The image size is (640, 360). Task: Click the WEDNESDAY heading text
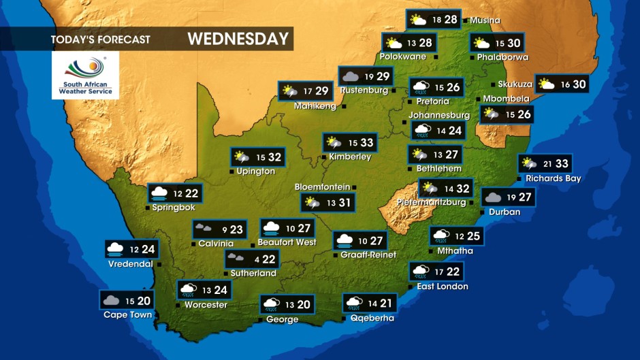tap(238, 39)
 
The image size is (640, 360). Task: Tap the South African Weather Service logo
tap(85, 76)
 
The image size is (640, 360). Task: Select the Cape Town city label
tap(127, 315)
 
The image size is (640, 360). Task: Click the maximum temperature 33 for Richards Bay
tap(561, 164)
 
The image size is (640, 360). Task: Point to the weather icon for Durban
tap(493, 198)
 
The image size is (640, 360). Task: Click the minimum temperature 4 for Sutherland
tap(256, 259)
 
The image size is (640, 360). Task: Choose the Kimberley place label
tap(350, 157)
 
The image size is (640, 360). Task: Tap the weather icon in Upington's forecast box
tap(242, 157)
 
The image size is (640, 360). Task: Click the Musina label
tap(485, 20)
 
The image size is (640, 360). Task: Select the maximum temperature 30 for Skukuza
tap(578, 84)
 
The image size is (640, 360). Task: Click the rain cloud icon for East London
tap(420, 272)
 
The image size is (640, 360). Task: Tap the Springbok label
tap(174, 207)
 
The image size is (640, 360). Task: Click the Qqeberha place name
tap(372, 318)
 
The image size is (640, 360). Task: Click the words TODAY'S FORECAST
tap(100, 39)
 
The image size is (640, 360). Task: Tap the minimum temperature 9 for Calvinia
tap(224, 230)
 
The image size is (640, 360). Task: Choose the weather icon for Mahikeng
tap(289, 91)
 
